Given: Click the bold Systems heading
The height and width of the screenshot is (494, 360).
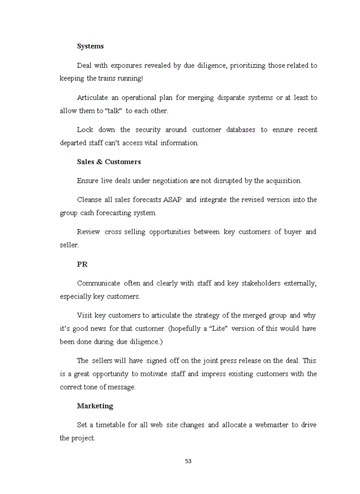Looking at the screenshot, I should tap(90, 46).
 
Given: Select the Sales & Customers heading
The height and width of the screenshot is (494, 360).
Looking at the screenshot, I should tap(109, 162).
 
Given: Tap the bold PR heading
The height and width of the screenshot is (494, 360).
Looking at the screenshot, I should tap(82, 264).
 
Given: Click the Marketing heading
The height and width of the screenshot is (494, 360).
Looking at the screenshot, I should tap(95, 406).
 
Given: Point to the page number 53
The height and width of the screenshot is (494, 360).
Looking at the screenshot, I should tap(188, 461).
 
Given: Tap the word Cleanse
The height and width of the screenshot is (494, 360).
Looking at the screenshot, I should tap(89, 200).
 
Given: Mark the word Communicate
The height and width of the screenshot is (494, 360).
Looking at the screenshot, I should tap(98, 283).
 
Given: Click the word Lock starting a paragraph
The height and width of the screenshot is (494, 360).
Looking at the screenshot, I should tap(85, 130).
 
